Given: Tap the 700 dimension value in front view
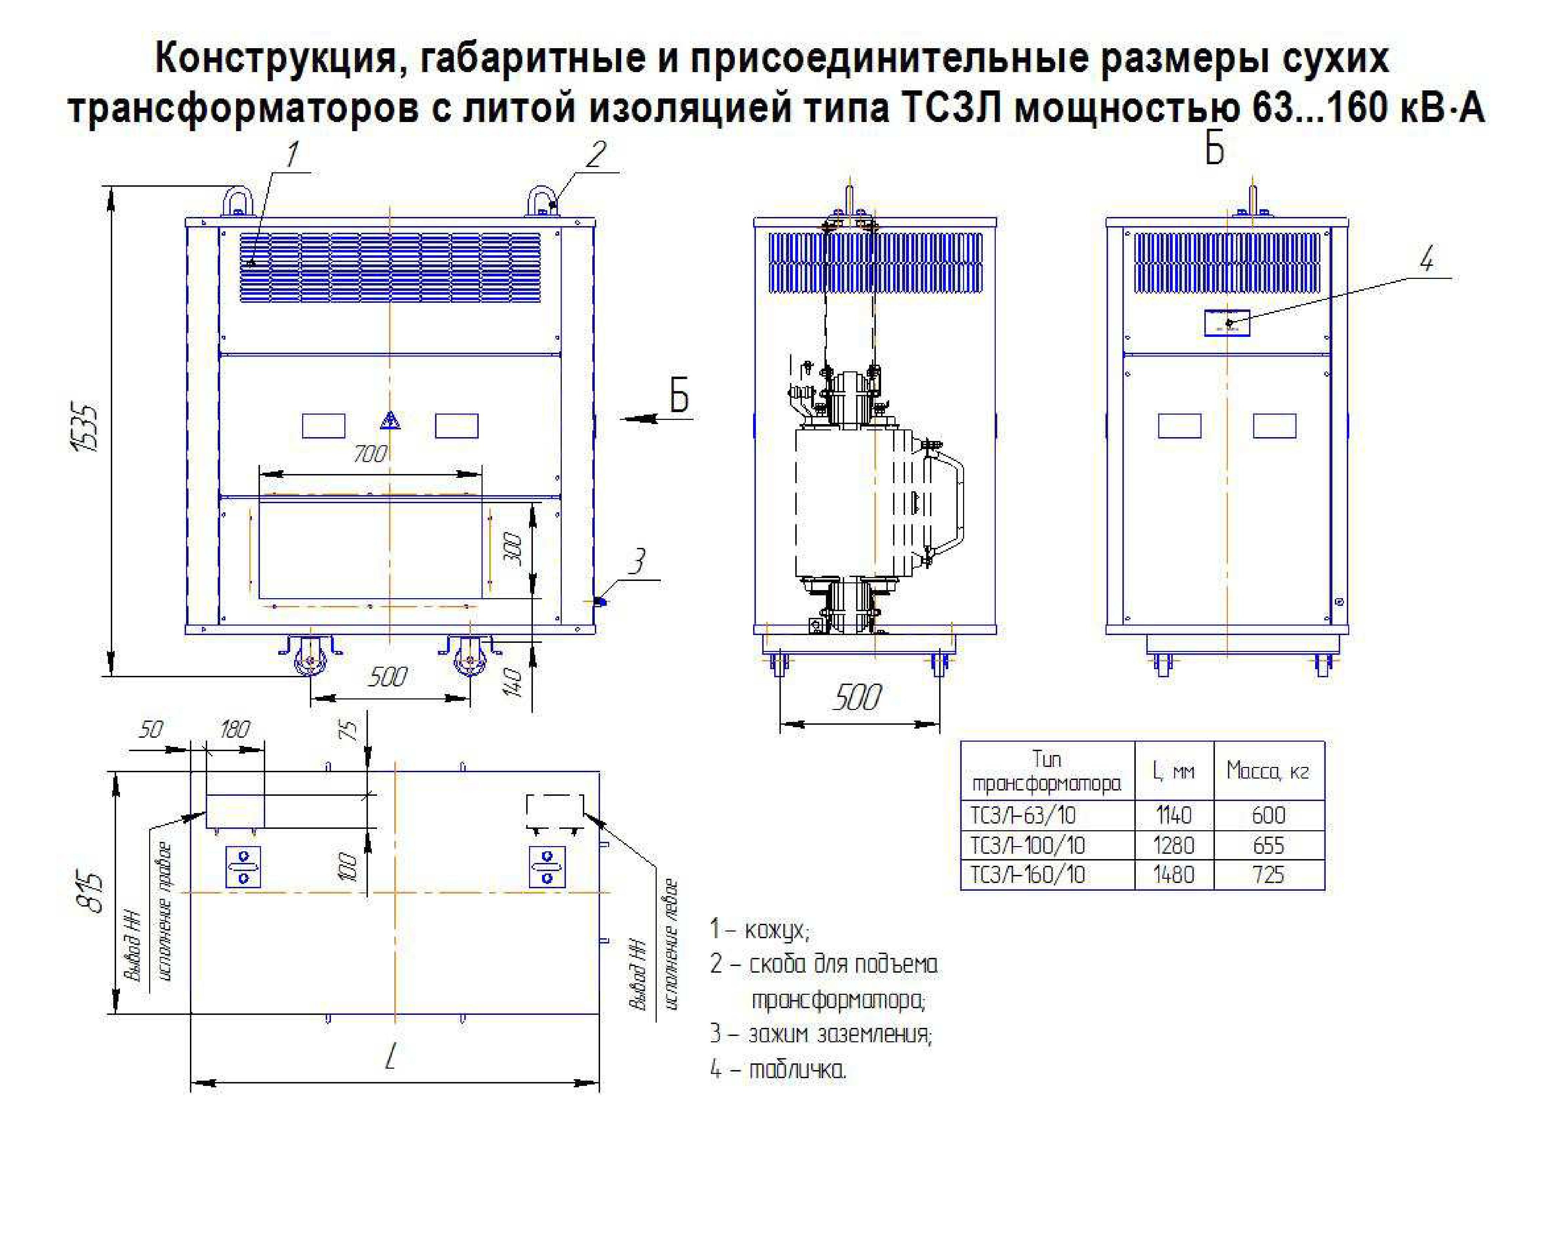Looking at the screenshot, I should coord(370,454).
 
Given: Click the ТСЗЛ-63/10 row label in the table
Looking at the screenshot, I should coord(1023,816).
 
